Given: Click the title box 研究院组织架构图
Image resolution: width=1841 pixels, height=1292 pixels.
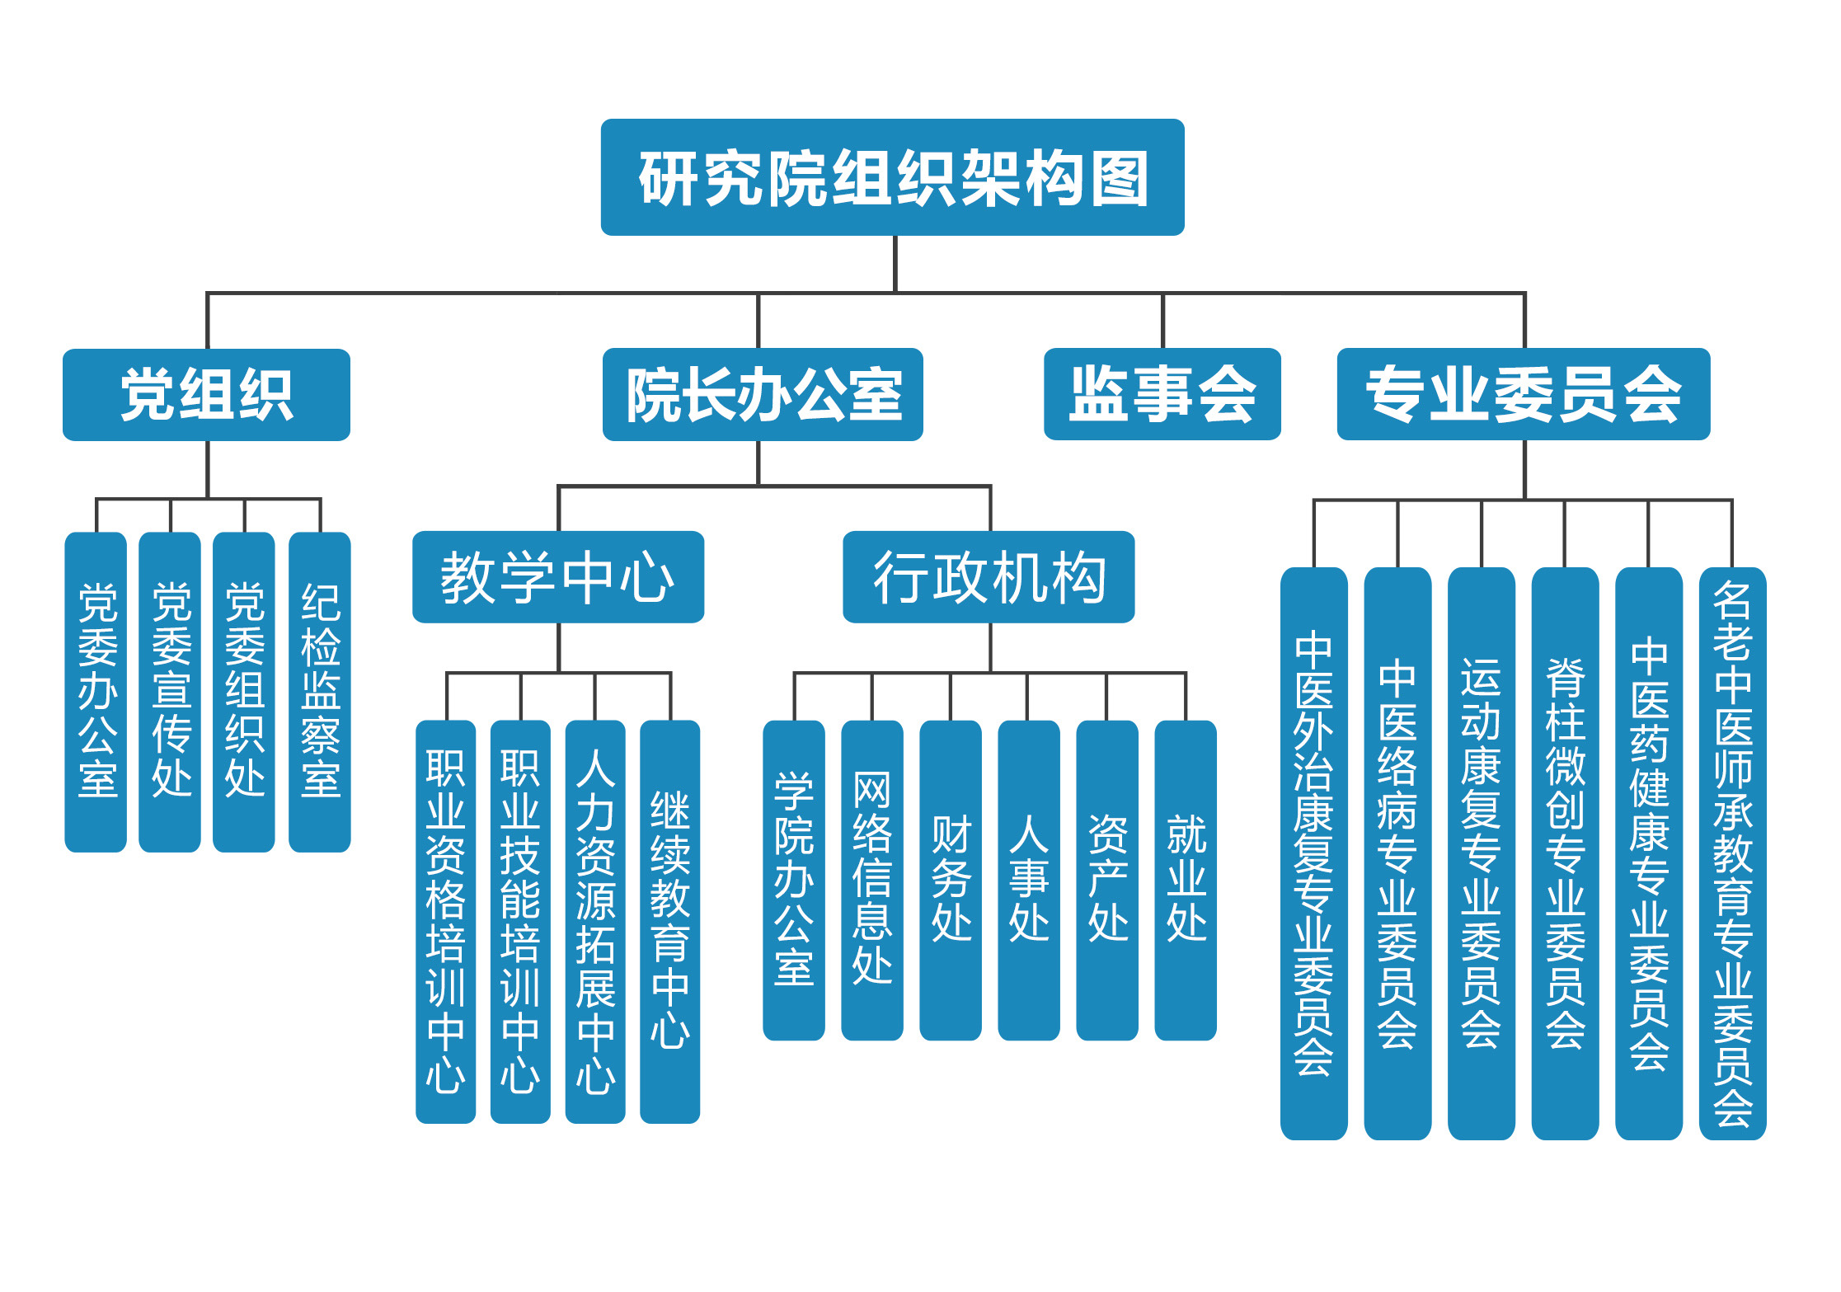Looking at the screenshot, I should [892, 177].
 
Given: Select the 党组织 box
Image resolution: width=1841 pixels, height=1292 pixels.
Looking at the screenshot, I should [206, 394].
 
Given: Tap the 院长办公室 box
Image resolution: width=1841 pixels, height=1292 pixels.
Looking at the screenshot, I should [763, 394].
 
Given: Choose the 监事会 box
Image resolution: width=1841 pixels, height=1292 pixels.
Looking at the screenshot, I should [1162, 394].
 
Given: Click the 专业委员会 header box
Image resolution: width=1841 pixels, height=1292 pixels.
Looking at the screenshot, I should [1523, 394].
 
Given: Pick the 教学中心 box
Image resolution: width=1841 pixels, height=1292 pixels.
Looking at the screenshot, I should [558, 576].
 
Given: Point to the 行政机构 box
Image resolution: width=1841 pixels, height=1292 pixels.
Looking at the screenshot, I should [989, 576].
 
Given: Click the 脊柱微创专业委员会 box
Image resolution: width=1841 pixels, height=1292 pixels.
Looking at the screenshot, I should [1565, 853].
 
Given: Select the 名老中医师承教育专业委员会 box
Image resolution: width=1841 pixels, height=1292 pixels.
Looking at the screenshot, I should [1732, 853].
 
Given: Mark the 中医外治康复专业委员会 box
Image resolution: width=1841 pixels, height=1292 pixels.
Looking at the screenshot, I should [1314, 853].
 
